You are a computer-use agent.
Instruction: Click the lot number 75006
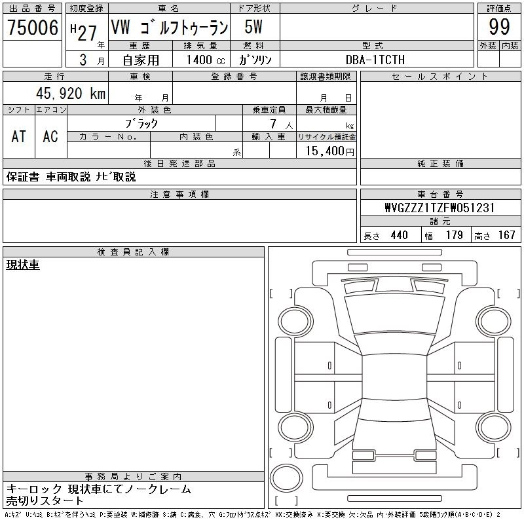(x=33, y=27)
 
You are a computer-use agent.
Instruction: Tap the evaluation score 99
(x=499, y=27)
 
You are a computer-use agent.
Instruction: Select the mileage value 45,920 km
(x=71, y=93)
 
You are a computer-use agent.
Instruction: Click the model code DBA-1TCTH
(x=375, y=60)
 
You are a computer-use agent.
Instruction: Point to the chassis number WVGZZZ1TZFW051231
(x=440, y=208)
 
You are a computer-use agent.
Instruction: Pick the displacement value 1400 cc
(x=206, y=60)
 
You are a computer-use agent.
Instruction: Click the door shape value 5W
(x=253, y=27)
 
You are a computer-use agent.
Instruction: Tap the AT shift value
(x=19, y=136)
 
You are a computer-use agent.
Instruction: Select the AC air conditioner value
(x=50, y=136)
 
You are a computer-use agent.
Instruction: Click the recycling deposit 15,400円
(x=330, y=151)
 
